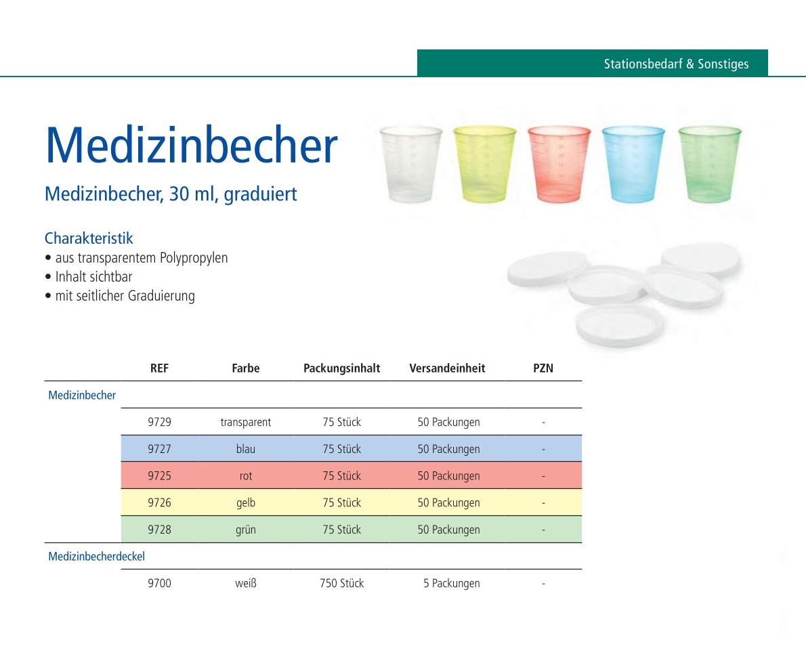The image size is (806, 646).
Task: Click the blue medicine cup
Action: (633, 164)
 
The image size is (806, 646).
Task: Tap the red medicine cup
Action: (559, 164)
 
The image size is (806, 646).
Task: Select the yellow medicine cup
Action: (484, 164)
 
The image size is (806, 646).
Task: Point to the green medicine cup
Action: (710, 164)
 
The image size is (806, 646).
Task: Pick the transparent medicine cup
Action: (410, 164)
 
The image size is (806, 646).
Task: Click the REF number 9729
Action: (159, 422)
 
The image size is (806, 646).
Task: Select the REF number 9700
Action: (159, 583)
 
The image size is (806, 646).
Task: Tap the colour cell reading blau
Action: (246, 449)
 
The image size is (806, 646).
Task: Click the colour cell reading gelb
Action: (246, 502)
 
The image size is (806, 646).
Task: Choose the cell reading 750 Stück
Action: (342, 583)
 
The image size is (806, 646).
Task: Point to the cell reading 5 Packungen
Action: (452, 583)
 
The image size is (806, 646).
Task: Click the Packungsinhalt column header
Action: (342, 368)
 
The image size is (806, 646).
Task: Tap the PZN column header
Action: (543, 368)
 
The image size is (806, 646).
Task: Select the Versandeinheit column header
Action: (447, 368)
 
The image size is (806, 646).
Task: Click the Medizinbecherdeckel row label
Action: (97, 556)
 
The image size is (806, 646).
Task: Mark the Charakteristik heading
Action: (89, 238)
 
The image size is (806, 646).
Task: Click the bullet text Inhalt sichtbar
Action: (93, 276)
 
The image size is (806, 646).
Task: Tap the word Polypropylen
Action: (194, 258)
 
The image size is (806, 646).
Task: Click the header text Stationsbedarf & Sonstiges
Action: (676, 64)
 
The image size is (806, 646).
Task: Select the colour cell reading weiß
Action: (246, 583)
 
